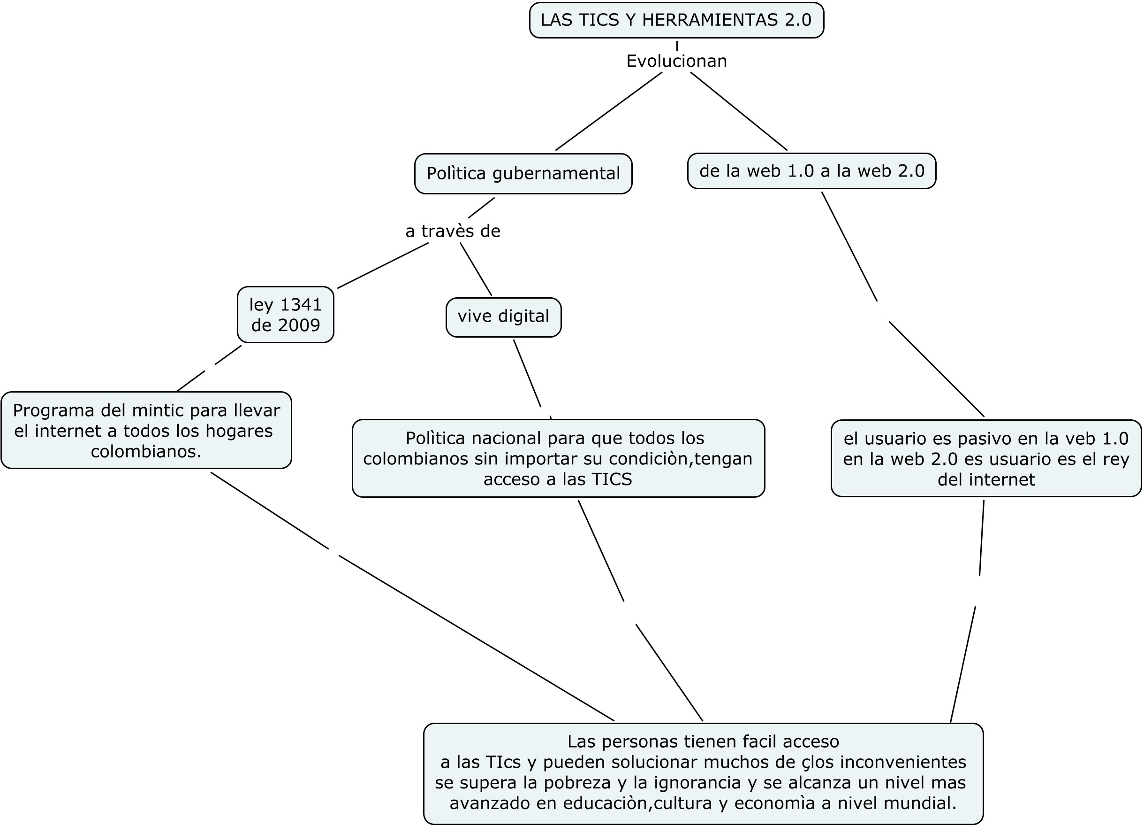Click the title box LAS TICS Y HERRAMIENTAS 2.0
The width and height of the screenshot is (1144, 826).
[676, 20]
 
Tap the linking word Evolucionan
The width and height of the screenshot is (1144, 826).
[676, 61]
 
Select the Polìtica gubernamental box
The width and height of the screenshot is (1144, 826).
[523, 173]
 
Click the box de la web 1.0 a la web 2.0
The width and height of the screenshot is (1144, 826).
[811, 171]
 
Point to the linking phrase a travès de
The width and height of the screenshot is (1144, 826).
[453, 231]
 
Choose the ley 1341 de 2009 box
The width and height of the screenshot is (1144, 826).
[285, 315]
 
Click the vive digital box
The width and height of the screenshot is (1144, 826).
[503, 317]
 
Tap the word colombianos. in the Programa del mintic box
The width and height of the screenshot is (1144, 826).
[146, 451]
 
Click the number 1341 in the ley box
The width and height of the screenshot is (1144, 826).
[301, 305]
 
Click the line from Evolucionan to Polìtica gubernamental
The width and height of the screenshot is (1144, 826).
[608, 112]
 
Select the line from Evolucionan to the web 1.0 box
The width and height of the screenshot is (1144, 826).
[738, 111]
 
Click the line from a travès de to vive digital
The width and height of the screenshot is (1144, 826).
[476, 269]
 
